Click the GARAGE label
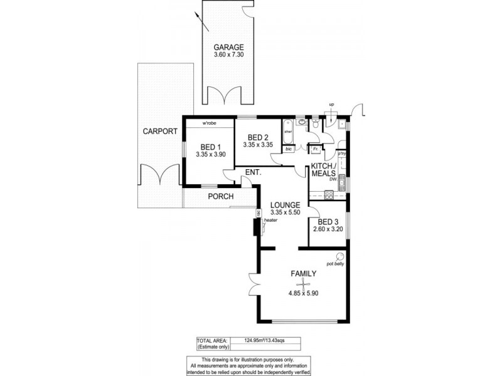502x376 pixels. click(x=228, y=48)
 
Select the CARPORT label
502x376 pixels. click(x=159, y=132)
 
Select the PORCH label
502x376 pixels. click(x=221, y=197)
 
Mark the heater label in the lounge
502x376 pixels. click(x=270, y=220)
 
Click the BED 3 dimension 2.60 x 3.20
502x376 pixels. click(x=328, y=230)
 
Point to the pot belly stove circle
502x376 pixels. click(x=339, y=256)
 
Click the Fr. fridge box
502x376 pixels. click(x=316, y=149)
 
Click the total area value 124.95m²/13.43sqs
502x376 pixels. click(x=267, y=340)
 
